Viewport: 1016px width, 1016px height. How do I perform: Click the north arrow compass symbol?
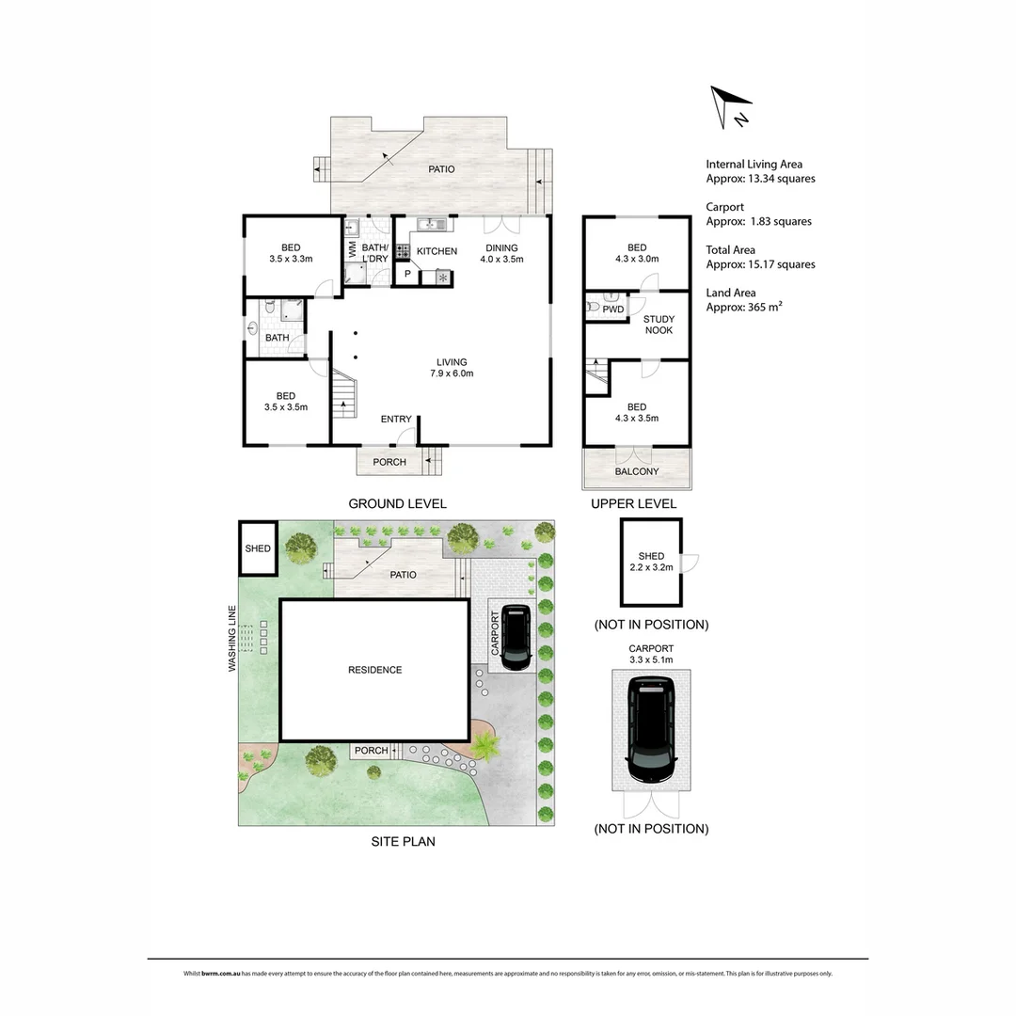[731, 106]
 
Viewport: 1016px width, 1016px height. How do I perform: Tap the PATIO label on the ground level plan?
[441, 169]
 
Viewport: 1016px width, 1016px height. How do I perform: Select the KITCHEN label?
[437, 251]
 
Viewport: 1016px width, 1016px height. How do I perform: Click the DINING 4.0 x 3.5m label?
[501, 254]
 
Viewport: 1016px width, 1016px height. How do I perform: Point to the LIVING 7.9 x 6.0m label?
[452, 368]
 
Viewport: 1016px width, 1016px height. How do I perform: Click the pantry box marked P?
[407, 274]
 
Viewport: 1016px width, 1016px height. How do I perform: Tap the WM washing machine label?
[353, 251]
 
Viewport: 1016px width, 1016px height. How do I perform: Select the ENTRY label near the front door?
[395, 420]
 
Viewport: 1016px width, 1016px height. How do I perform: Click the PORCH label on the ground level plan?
[389, 462]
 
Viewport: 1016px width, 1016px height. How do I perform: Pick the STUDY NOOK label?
[659, 325]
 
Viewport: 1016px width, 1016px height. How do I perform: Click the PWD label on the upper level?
[613, 309]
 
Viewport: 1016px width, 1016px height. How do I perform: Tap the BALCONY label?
[637, 471]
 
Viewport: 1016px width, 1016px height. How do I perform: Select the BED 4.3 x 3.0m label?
[637, 253]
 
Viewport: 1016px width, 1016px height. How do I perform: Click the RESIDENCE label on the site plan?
[374, 670]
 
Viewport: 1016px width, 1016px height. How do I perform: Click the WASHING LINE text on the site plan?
[230, 639]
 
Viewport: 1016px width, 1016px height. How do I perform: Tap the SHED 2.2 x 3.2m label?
[651, 562]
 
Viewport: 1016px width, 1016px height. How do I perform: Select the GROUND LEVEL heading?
[397, 503]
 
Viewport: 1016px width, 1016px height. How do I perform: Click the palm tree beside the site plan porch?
[486, 748]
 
